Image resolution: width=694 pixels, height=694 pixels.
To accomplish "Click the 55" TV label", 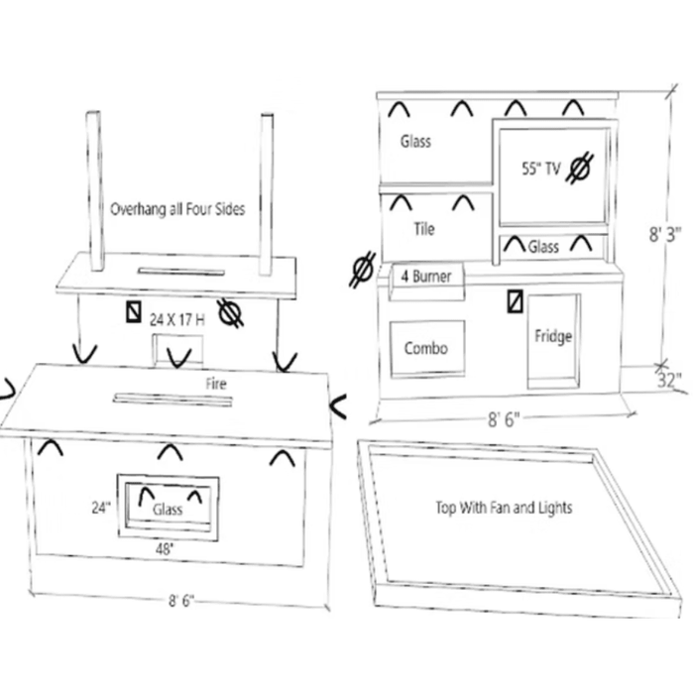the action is pyautogui.click(x=541, y=169).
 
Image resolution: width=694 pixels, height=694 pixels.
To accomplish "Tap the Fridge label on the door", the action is pyautogui.click(x=553, y=336).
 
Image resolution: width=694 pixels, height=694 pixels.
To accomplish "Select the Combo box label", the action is pyautogui.click(x=425, y=348).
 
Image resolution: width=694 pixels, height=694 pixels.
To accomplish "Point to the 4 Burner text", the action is pyautogui.click(x=425, y=277).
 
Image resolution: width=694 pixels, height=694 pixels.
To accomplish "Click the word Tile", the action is pyautogui.click(x=424, y=229).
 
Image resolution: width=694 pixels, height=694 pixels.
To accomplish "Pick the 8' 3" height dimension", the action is pyautogui.click(x=664, y=235).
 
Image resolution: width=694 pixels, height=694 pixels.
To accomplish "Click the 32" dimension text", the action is pyautogui.click(x=669, y=380).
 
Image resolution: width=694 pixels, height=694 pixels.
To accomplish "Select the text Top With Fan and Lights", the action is pyautogui.click(x=504, y=508).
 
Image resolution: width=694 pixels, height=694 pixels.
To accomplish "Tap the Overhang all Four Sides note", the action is pyautogui.click(x=177, y=209).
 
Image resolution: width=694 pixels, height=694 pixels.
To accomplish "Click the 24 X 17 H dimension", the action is pyautogui.click(x=177, y=319).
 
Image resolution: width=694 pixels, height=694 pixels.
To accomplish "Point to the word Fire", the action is pyautogui.click(x=216, y=384).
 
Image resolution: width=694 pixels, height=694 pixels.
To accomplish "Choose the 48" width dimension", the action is pyautogui.click(x=165, y=549).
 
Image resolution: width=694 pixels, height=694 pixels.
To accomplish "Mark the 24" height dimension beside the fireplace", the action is pyautogui.click(x=101, y=508).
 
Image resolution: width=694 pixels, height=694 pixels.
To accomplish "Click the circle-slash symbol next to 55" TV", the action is pyautogui.click(x=580, y=169).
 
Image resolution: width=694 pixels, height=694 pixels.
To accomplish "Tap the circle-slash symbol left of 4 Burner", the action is pyautogui.click(x=363, y=270).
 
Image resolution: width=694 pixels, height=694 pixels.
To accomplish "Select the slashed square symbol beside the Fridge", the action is pyautogui.click(x=516, y=301).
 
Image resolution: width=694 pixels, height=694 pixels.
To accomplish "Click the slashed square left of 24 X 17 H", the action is pyautogui.click(x=134, y=311).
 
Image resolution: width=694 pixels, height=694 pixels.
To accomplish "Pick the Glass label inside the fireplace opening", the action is pyautogui.click(x=168, y=510).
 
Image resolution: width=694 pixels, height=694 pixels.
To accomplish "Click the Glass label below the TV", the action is pyautogui.click(x=543, y=247).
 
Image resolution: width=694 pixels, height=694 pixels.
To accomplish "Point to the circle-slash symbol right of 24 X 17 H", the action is pyautogui.click(x=230, y=313).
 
